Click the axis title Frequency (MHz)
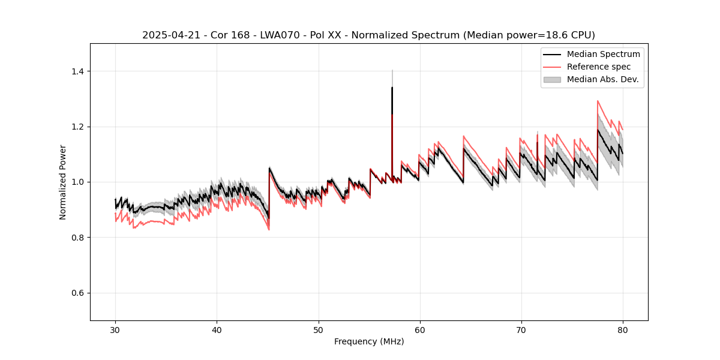pos(369,341)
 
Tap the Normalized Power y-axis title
pos(63,182)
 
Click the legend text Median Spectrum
pos(603,54)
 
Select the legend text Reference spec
pos(599,67)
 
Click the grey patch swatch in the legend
pos(552,79)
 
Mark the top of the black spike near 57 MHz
pos(392,88)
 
